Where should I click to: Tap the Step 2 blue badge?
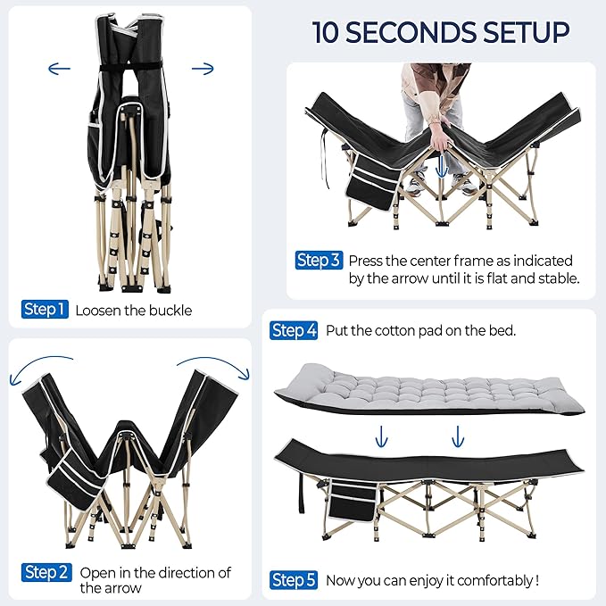point(46,572)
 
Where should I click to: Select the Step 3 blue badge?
point(318,261)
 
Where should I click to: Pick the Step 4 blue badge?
point(294,330)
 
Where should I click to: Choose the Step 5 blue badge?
point(294,580)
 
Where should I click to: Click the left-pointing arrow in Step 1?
point(60,68)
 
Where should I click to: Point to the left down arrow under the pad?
point(382,436)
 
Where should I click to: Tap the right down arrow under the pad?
point(458,436)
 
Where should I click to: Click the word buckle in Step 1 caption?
point(171,311)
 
